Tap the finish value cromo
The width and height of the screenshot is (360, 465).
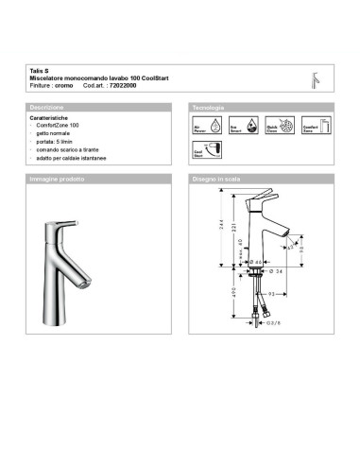point(63,85)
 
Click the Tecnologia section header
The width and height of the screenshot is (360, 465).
point(209,109)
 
